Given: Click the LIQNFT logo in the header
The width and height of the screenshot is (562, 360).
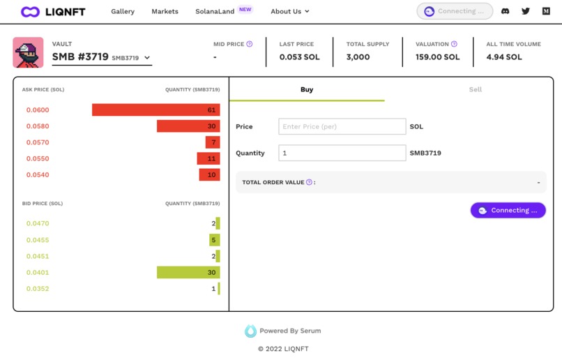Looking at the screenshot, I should point(53,11).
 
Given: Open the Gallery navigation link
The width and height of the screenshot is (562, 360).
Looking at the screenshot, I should point(123,11).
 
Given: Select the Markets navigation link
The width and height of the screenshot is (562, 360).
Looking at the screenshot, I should point(165,11).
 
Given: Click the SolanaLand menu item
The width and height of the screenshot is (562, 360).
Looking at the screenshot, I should point(215,11).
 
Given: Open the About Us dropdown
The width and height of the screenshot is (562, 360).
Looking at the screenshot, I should point(289,11).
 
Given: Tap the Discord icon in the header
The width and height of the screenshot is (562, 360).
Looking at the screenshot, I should point(506,11).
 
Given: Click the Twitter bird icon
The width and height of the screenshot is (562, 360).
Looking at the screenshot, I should point(526,11).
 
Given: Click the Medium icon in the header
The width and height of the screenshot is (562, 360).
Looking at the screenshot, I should point(546,11).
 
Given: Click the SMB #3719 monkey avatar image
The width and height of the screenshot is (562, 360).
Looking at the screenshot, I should point(28,52).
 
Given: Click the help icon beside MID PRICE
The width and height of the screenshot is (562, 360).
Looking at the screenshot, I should point(250,44).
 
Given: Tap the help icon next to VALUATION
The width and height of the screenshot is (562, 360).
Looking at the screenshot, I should point(454,44).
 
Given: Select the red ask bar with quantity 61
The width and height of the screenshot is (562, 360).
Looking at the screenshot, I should point(155,110).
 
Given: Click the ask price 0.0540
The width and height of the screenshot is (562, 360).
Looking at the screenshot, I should point(38,175).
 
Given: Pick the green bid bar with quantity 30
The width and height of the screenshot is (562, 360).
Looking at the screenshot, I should point(188,273).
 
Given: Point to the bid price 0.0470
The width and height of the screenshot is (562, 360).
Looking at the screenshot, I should point(38,224).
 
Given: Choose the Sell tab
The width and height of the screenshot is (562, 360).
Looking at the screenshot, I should point(475,89).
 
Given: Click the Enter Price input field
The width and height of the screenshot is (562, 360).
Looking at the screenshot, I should point(342,126).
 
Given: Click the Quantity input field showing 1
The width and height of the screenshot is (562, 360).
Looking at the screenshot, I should point(342,153).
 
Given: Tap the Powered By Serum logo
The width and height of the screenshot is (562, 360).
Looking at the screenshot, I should point(251,331).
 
